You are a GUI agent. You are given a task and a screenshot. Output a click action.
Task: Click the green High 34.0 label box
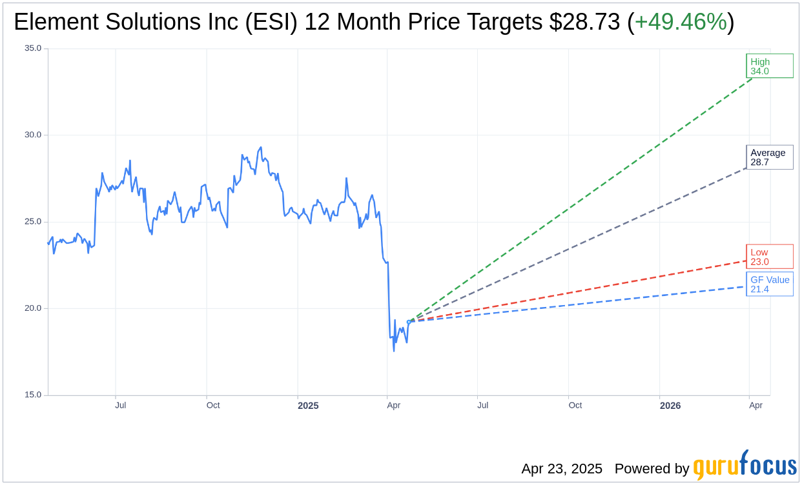(x=769, y=66)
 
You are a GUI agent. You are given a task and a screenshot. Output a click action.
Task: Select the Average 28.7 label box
(x=769, y=157)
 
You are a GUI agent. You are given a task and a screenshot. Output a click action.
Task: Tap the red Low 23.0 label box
(x=769, y=257)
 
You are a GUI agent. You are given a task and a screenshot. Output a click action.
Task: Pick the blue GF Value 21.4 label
(x=769, y=284)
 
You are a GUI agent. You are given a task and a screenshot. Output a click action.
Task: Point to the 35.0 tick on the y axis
(x=33, y=48)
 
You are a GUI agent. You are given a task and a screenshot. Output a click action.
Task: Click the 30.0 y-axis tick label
(x=33, y=135)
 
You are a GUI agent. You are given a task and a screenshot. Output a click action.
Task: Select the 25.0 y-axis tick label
(x=33, y=222)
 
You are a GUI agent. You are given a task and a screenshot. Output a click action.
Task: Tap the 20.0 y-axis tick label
(x=33, y=308)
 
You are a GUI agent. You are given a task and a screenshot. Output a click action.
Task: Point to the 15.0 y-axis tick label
(x=33, y=395)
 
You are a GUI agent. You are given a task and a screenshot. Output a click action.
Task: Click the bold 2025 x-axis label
(x=308, y=406)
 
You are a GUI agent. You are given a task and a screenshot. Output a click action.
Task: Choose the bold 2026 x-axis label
(x=670, y=406)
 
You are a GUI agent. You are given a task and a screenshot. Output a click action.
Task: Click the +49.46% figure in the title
(x=681, y=22)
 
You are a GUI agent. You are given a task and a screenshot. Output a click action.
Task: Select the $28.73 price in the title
(x=585, y=22)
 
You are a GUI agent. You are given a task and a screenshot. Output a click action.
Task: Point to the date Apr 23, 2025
(x=562, y=469)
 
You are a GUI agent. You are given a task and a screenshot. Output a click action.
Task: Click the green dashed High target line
(x=581, y=197)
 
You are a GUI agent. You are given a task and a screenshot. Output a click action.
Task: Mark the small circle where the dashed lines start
(x=409, y=321)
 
